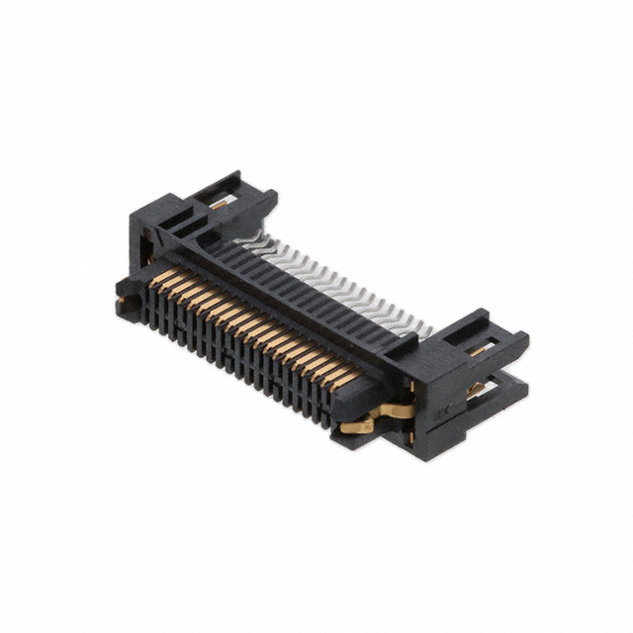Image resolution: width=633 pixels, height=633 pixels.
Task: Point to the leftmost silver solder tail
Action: pos(254,238)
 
